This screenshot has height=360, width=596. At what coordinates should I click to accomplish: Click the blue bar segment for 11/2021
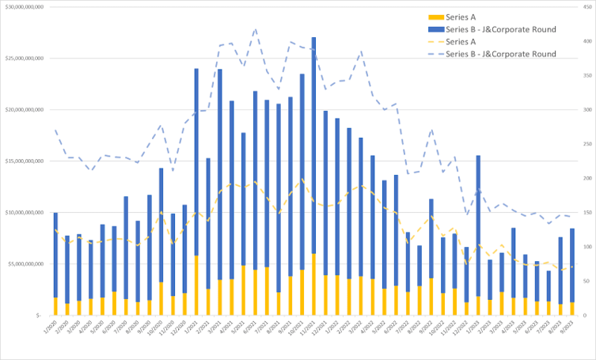click(x=313, y=142)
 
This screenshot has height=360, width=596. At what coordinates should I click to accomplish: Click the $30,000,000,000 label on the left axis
click(x=25, y=6)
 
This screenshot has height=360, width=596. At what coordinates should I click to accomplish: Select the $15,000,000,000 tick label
click(x=25, y=161)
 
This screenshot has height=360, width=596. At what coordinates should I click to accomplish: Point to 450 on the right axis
click(x=590, y=6)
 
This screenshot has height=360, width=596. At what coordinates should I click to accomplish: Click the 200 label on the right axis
click(x=590, y=177)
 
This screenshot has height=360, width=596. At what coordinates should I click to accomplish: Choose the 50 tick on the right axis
click(x=588, y=280)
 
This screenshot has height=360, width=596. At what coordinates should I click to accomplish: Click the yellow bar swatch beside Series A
click(x=435, y=17)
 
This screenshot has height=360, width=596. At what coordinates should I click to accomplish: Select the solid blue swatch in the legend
click(x=435, y=29)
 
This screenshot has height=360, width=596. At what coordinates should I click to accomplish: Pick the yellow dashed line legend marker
click(x=435, y=42)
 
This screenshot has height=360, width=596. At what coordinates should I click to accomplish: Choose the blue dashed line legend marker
click(x=435, y=55)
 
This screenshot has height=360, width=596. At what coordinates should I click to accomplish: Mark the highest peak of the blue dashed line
click(x=255, y=30)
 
